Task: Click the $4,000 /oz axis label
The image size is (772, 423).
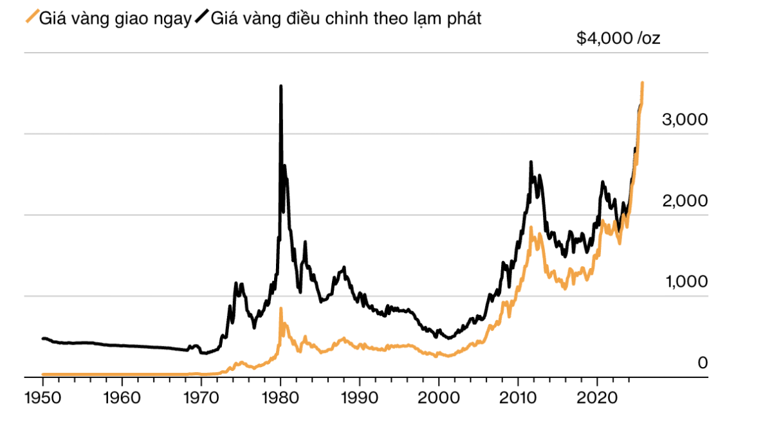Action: pos(618,39)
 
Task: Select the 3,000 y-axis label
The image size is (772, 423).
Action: pos(685,120)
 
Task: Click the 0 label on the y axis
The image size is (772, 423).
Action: pos(703,363)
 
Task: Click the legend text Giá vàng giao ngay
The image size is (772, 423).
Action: pos(115,19)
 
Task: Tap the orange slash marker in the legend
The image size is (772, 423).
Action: pos(30,17)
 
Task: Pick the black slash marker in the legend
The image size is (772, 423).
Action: pos(201,17)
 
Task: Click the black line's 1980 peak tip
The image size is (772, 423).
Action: pos(280,85)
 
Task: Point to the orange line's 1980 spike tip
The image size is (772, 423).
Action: pos(280,309)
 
